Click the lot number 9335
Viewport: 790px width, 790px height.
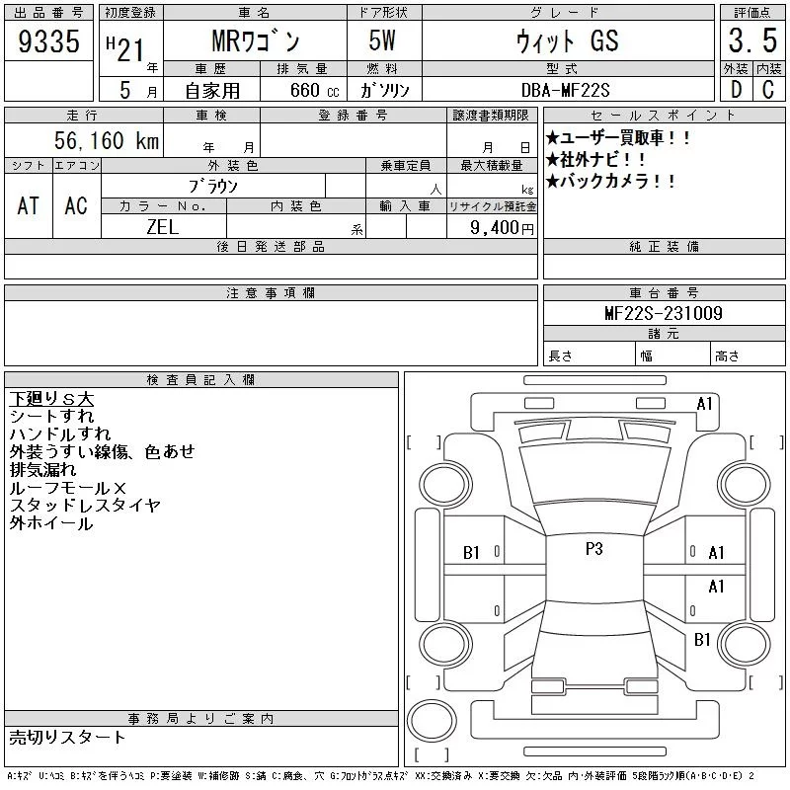[x=48, y=40]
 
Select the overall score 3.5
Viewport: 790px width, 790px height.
[x=752, y=40]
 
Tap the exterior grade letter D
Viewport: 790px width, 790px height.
[x=736, y=90]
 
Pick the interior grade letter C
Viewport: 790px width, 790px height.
[x=768, y=90]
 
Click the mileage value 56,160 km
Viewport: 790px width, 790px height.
[x=107, y=140]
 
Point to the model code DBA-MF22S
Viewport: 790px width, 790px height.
[x=565, y=90]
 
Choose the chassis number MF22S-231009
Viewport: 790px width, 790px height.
[x=663, y=313]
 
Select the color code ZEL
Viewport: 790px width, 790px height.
[x=163, y=227]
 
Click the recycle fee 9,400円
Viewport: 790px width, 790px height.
[x=502, y=228]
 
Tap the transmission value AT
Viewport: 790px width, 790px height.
[x=29, y=205]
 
